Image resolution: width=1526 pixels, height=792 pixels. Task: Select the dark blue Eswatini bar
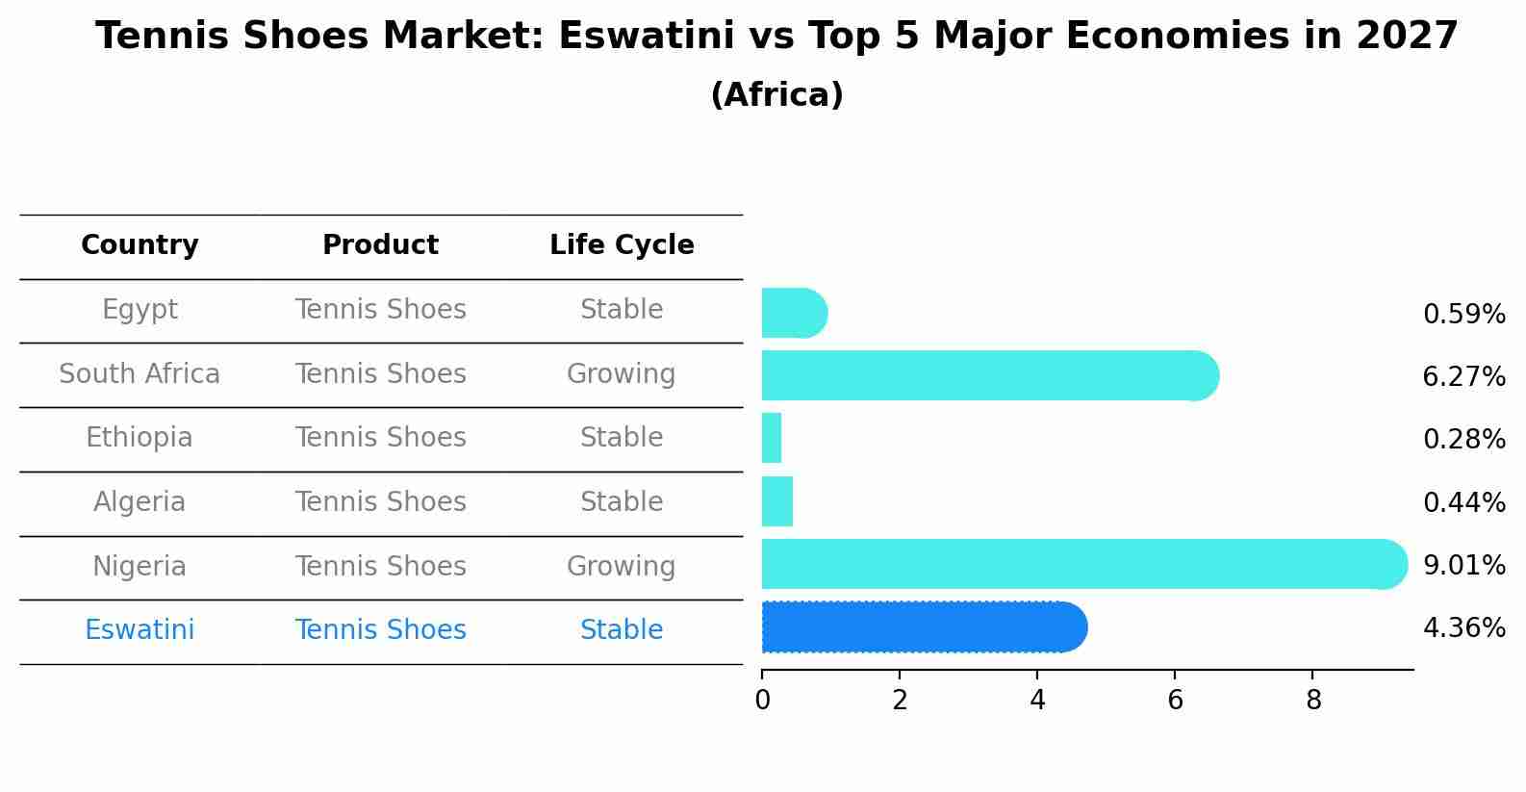tap(924, 627)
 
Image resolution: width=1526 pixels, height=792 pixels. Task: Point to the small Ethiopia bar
tap(772, 439)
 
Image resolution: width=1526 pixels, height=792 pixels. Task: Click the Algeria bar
tap(777, 501)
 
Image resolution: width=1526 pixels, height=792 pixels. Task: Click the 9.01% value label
tap(1463, 565)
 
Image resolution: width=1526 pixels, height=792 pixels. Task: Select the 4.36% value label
tap(1463, 628)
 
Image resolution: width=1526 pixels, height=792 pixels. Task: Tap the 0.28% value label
tap(1463, 440)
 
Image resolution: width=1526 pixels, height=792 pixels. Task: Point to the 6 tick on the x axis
tap(1175, 700)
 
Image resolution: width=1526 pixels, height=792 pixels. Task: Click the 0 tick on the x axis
tap(762, 700)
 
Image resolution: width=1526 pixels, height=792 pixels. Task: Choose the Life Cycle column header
tap(622, 245)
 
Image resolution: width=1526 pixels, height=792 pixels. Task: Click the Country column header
tap(140, 245)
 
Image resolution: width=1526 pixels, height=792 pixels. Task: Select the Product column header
tap(380, 245)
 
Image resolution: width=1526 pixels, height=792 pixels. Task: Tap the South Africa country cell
tap(140, 373)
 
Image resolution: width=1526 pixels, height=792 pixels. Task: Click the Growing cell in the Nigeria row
tap(621, 566)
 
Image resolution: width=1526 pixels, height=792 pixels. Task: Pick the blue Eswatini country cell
tap(140, 630)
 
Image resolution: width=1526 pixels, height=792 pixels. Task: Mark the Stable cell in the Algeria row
tap(621, 502)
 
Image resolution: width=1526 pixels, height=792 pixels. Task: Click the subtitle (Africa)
tap(776, 95)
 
